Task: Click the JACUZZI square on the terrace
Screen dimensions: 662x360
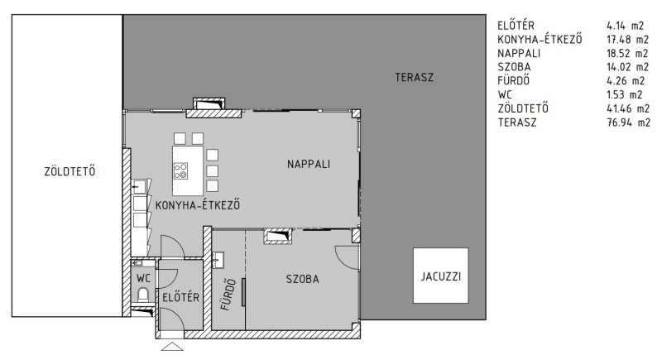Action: click(440, 275)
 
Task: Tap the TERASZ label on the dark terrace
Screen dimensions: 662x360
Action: click(415, 77)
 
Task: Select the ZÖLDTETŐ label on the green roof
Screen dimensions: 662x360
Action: click(70, 171)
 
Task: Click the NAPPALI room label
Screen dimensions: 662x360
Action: click(309, 164)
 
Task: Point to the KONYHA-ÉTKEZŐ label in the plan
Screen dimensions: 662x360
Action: click(198, 205)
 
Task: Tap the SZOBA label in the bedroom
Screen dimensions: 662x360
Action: click(302, 279)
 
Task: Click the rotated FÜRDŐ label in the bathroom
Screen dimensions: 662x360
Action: click(228, 294)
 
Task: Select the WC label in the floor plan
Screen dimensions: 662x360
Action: click(143, 279)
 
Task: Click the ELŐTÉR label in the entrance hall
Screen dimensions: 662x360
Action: click(180, 297)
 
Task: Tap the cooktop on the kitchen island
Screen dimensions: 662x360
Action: click(180, 171)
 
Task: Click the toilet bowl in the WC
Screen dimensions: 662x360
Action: click(143, 294)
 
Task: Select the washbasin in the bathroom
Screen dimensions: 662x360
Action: click(218, 260)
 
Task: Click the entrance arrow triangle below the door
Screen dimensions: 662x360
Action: click(172, 347)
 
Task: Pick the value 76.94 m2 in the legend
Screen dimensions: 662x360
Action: click(628, 122)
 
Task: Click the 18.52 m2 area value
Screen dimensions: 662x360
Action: click(627, 53)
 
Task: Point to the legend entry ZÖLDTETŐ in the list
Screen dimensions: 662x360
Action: click(523, 108)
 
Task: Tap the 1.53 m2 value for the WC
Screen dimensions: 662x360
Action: click(625, 94)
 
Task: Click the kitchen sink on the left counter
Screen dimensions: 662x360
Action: click(138, 186)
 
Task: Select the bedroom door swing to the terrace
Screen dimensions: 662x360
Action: click(347, 257)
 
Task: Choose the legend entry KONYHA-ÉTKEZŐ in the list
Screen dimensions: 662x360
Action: click(540, 39)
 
